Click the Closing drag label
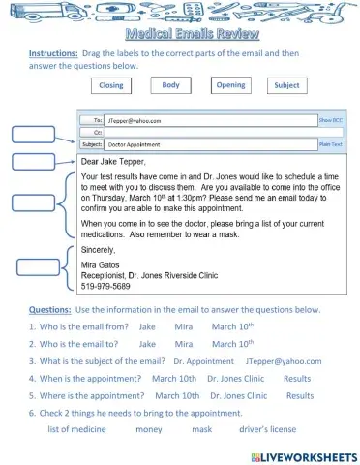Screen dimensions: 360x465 (112, 86)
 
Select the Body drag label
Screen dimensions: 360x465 (170, 85)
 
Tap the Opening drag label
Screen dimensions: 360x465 (230, 85)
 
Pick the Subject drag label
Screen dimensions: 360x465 (286, 85)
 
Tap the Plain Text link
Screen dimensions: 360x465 (331, 142)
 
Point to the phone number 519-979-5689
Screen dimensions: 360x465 (108, 287)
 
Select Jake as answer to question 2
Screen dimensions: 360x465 (147, 343)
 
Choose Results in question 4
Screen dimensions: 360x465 (297, 378)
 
